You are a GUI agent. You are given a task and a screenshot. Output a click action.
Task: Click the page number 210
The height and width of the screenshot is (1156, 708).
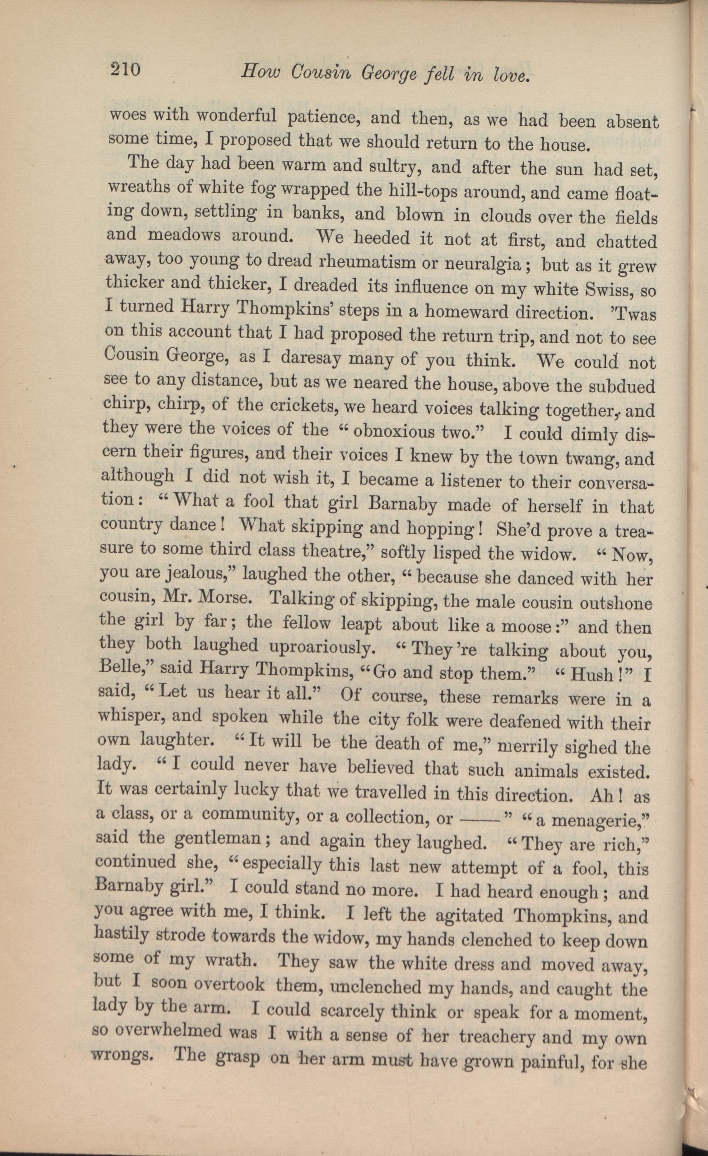click(125, 70)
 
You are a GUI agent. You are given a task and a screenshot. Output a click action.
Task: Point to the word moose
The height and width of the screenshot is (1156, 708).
click(526, 626)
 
